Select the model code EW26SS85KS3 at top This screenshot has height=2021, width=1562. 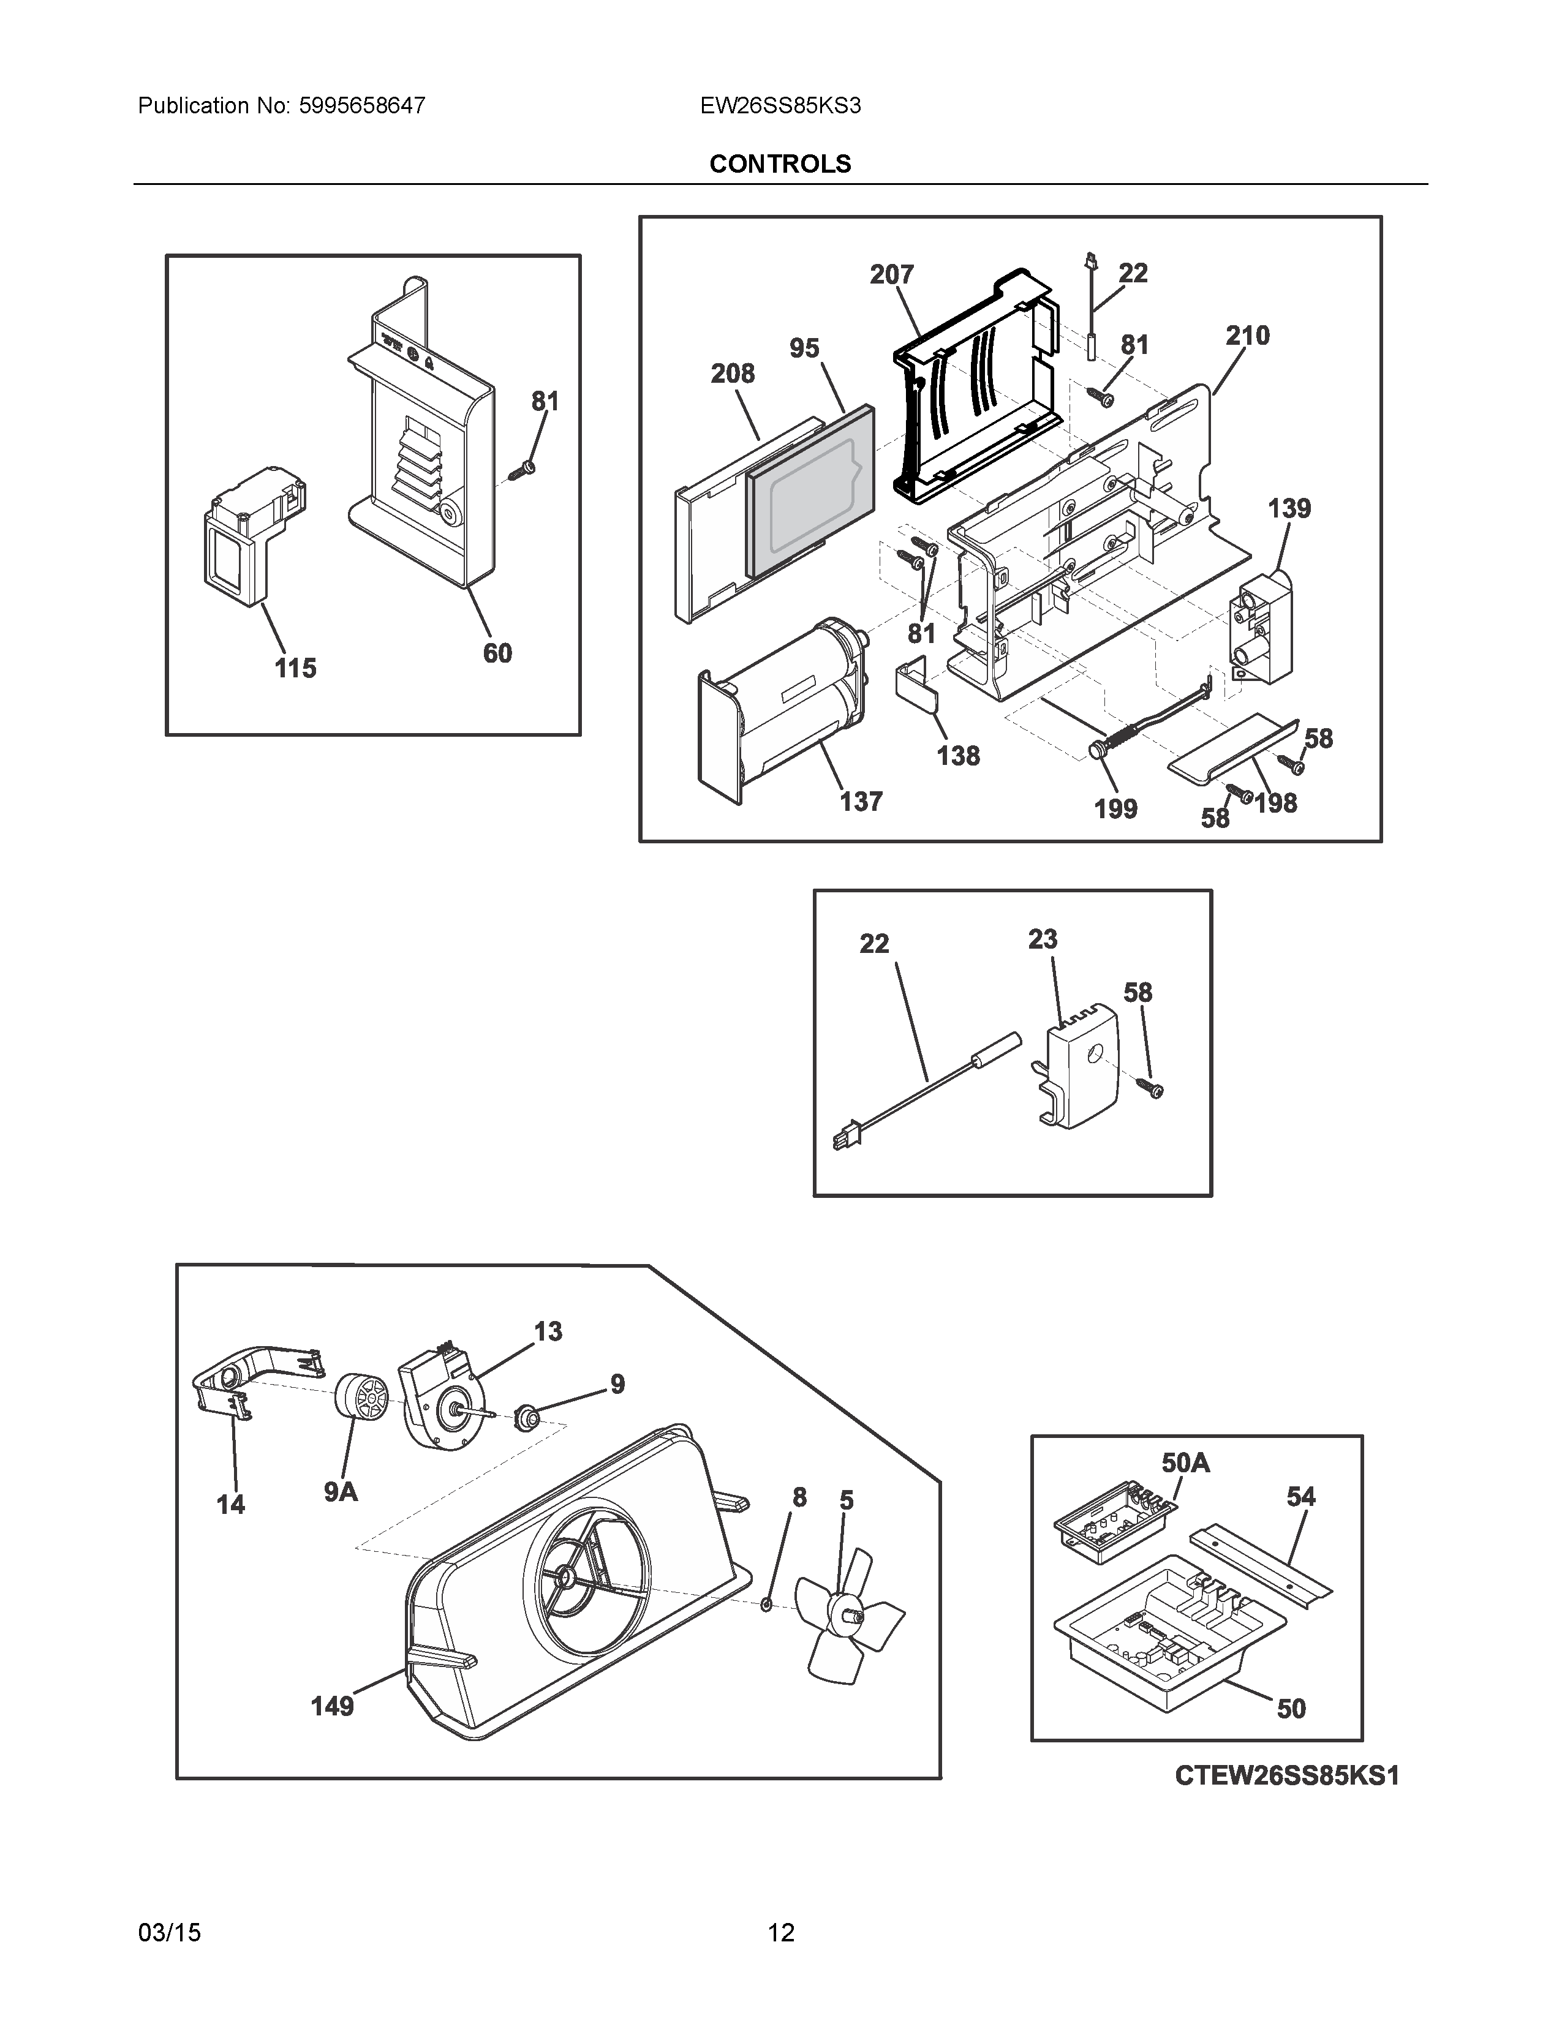coord(780,107)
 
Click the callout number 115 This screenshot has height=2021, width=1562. coord(295,668)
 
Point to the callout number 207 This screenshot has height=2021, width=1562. coord(891,275)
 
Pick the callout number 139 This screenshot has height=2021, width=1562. coord(1289,508)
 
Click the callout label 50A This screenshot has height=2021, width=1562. coord(1185,1463)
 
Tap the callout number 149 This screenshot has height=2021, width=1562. coord(332,1706)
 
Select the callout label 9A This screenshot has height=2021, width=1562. coord(341,1492)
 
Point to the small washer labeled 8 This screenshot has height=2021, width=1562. coord(766,1603)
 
